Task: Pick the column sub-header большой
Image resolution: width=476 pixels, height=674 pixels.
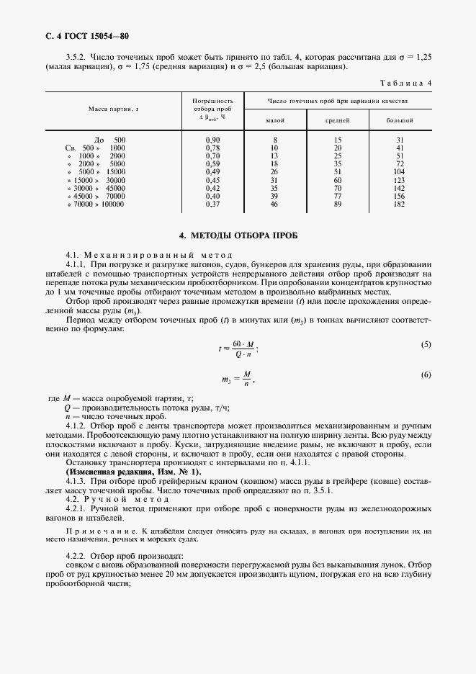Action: [x=400, y=120]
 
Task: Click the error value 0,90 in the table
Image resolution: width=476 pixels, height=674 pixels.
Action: [x=212, y=139]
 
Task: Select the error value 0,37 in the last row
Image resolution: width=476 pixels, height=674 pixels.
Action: [x=212, y=204]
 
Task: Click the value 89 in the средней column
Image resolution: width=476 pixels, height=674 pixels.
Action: [x=337, y=204]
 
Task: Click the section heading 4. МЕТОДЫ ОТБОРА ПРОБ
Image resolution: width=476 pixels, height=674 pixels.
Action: [x=237, y=235]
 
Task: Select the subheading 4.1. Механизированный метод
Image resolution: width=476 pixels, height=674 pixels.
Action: [x=150, y=255]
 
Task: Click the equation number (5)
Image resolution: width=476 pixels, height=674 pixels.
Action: [x=426, y=344]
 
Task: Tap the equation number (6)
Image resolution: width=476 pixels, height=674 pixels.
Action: [x=426, y=375]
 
